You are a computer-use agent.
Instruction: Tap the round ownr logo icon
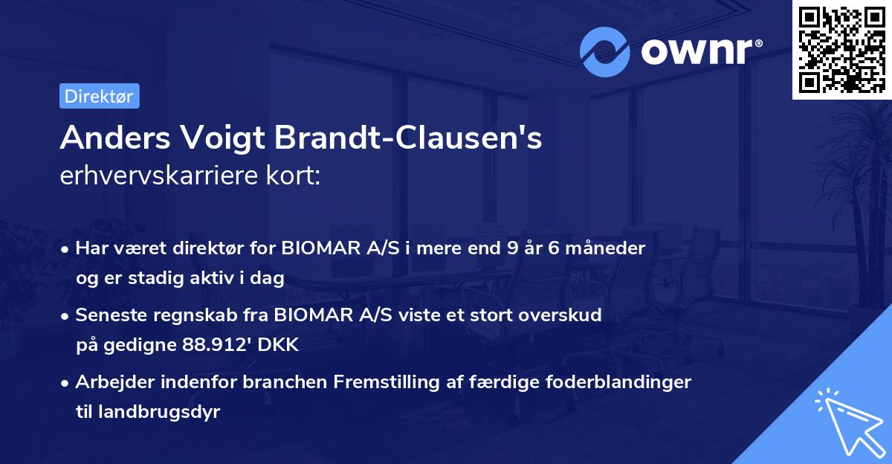pyautogui.click(x=604, y=52)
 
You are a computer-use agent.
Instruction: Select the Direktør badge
pyautogui.click(x=99, y=96)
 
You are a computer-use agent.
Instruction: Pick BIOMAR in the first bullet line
pyautogui.click(x=318, y=248)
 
